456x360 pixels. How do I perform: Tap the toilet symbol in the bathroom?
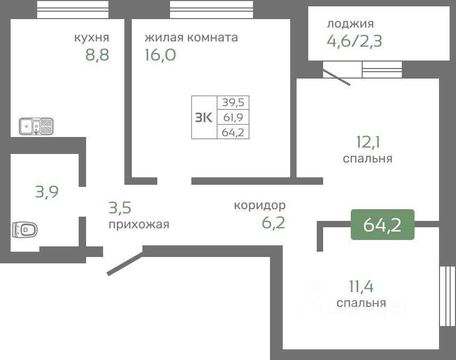(x=25, y=230)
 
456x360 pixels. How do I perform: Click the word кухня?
(x=92, y=38)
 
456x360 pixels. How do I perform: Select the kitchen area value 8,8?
(x=97, y=55)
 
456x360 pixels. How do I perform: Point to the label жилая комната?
(x=191, y=38)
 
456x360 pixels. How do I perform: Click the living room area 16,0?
(x=160, y=55)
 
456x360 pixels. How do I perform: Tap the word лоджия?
(x=350, y=23)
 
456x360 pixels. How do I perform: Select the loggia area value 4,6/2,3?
(x=354, y=41)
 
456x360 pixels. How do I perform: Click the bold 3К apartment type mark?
(x=204, y=117)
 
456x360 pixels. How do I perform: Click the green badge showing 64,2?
(x=382, y=225)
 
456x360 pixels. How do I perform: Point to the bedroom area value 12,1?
(x=368, y=142)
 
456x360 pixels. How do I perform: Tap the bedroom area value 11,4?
(x=361, y=287)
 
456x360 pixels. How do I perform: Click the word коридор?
(x=260, y=205)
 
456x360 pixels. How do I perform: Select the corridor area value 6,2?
(x=273, y=222)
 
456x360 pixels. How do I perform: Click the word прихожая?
(x=139, y=224)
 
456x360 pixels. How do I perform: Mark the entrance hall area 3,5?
(x=120, y=207)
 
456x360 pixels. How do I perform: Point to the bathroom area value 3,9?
(x=47, y=191)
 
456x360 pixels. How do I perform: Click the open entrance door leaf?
(x=125, y=264)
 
